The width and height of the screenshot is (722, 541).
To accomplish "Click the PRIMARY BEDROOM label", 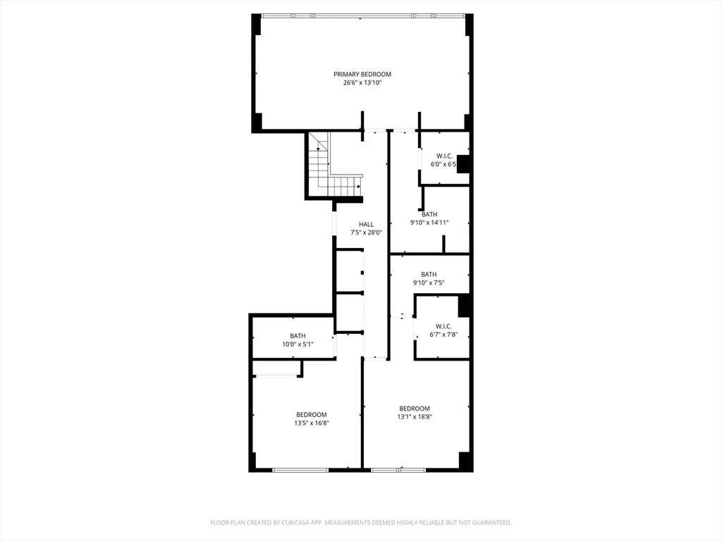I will point(362,74).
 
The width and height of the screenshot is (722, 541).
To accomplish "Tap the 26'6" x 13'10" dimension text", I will point(362,82).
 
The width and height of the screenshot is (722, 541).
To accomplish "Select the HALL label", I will point(366,224).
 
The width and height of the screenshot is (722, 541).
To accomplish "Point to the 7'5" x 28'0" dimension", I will point(366,232).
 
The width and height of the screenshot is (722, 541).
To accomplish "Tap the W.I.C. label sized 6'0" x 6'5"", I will point(444,156).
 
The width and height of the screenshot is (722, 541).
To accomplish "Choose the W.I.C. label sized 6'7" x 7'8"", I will point(443,326).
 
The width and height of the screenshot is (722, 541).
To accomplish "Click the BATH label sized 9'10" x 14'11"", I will point(429,214).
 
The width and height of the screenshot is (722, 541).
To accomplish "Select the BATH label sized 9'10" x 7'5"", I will point(429,274).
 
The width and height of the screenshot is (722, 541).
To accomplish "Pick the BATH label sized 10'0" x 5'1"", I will point(298,335).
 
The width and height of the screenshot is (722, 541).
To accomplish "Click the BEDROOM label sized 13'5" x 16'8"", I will point(311,414).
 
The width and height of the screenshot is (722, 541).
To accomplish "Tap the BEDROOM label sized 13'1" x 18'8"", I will point(414,409).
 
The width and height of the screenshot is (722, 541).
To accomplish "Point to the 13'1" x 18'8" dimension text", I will point(414,417).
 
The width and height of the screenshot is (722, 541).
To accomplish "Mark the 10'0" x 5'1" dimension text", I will point(298,344).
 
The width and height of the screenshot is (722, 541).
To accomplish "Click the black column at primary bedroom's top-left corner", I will point(257,25).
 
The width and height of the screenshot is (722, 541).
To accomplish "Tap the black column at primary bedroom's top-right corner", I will point(468,25).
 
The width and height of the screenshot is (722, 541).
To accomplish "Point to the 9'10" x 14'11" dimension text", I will point(429,223).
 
